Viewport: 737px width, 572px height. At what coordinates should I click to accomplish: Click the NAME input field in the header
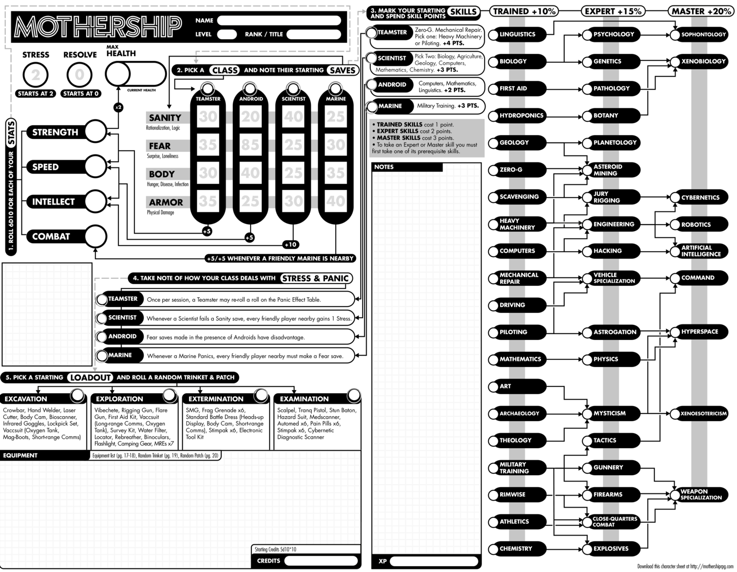(279, 20)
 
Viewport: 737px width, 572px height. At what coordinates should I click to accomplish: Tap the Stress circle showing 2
(35, 75)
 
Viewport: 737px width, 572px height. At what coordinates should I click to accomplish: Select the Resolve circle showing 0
(79, 75)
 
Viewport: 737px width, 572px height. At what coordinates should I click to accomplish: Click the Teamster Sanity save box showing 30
(208, 117)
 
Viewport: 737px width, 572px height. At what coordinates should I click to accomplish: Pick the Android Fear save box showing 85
(250, 145)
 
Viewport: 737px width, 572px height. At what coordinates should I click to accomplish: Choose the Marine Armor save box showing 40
(336, 201)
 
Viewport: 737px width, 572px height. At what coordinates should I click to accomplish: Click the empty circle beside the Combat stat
(95, 236)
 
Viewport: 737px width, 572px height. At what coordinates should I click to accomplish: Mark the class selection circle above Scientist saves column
(293, 89)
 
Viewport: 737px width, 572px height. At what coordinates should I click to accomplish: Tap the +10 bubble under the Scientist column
(290, 244)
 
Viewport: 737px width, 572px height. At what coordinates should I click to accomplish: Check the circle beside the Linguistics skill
(493, 35)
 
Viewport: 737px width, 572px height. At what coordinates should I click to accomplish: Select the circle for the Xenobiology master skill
(675, 62)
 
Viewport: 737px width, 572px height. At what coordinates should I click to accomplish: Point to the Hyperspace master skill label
(699, 332)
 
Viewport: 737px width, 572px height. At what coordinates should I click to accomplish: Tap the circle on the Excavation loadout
(77, 395)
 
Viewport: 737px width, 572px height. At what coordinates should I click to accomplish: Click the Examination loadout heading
(304, 399)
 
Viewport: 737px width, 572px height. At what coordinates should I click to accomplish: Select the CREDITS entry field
(321, 561)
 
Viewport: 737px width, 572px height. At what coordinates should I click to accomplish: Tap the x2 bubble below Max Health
(118, 107)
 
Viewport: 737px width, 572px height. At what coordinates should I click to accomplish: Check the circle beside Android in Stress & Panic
(102, 337)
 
